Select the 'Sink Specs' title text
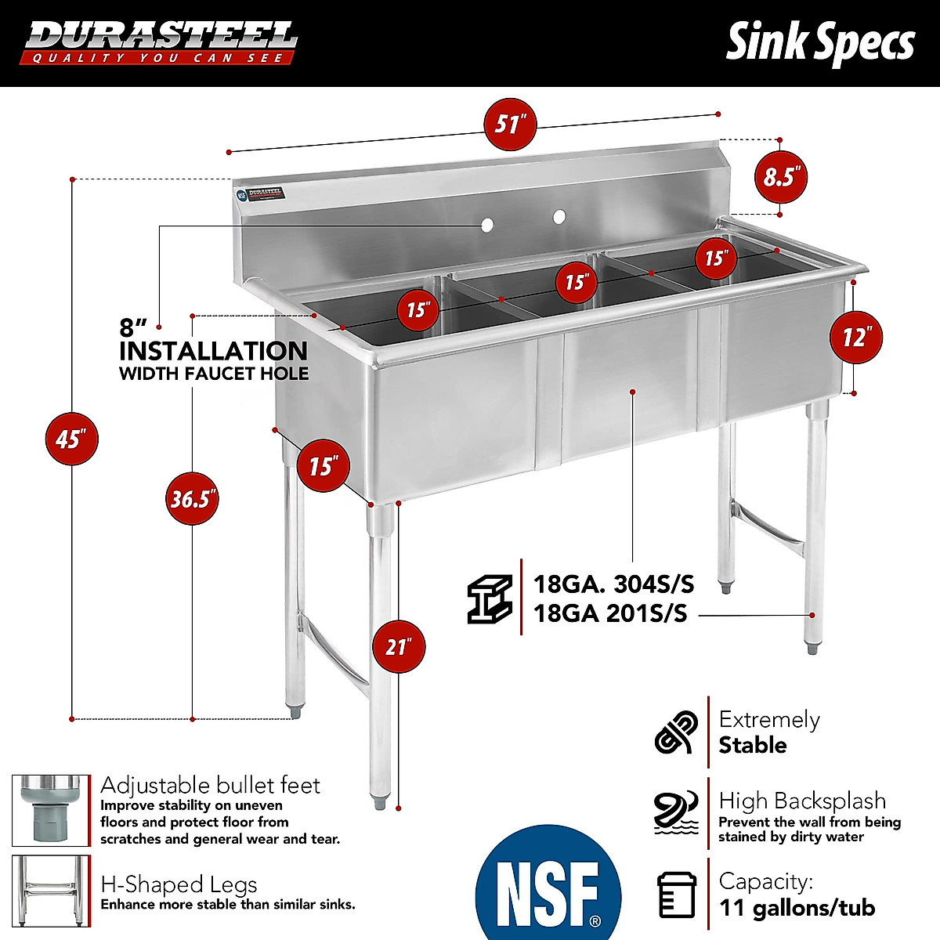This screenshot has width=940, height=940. [819, 42]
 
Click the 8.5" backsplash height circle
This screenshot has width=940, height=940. [779, 177]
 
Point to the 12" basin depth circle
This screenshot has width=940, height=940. [855, 338]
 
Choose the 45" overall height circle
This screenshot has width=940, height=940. [71, 439]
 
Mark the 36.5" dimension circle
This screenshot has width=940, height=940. [192, 498]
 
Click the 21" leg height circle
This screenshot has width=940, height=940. [399, 647]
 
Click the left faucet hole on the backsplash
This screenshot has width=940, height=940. [486, 226]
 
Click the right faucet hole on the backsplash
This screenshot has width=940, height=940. [559, 216]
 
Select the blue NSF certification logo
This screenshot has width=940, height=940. [548, 885]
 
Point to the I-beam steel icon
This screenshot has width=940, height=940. [490, 599]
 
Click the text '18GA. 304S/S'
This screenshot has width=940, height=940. [613, 584]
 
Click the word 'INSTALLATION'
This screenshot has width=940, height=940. [213, 350]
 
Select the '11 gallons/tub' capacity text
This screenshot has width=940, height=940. [797, 908]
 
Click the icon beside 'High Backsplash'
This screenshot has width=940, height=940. [675, 812]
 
